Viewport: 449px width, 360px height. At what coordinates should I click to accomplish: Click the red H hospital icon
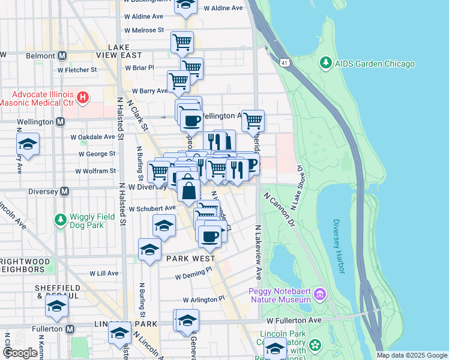pyautogui.click(x=83, y=96)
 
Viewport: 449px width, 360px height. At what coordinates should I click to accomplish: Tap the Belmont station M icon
pyautogui.click(x=61, y=56)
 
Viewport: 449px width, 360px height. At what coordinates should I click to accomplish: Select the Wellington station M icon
pyautogui.click(x=60, y=122)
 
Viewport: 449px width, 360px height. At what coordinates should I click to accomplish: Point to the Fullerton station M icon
pyautogui.click(x=70, y=329)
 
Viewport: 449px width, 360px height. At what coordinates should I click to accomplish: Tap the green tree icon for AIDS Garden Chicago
pyautogui.click(x=326, y=62)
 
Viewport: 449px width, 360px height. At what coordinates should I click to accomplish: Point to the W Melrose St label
pyautogui.click(x=143, y=30)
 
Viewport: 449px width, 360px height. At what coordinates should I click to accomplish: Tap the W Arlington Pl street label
pyautogui.click(x=203, y=299)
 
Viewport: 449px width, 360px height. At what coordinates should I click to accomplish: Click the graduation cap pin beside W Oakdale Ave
pyautogui.click(x=28, y=145)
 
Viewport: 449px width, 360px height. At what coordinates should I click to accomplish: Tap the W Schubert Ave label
pyautogui.click(x=152, y=208)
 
